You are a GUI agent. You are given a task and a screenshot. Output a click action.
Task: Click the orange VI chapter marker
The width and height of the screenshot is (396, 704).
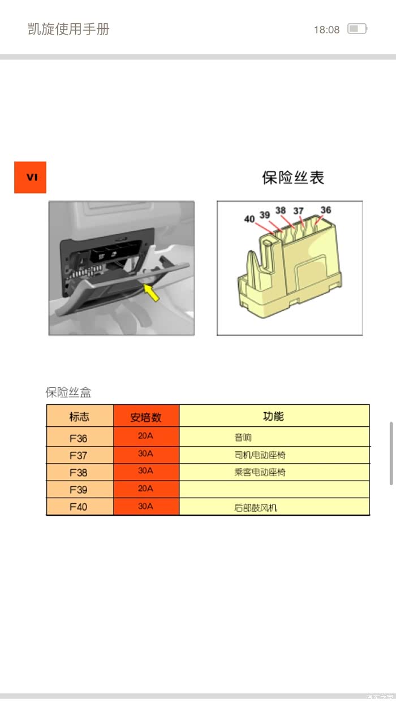(30, 177)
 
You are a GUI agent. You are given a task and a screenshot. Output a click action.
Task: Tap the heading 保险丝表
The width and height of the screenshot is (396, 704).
(293, 178)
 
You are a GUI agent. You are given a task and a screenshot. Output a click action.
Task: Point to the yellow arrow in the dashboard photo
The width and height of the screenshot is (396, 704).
(151, 292)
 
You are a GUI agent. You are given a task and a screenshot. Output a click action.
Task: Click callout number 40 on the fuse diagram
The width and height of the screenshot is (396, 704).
(249, 219)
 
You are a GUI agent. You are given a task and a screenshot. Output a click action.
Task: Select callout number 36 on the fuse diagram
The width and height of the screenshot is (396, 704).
(326, 210)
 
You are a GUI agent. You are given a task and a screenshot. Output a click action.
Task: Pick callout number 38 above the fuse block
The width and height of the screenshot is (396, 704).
(281, 210)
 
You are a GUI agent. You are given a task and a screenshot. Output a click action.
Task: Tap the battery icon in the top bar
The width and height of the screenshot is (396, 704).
(358, 29)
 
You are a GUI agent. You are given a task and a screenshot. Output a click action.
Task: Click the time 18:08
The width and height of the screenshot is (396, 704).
(327, 29)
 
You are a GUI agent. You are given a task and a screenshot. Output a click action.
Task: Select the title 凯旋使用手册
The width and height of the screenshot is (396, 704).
(68, 29)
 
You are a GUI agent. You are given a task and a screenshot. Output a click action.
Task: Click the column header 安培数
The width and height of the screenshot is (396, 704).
(146, 417)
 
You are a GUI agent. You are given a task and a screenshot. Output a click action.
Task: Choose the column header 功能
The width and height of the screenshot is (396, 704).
(274, 416)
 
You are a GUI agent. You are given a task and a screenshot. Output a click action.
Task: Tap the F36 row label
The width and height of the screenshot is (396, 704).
(78, 438)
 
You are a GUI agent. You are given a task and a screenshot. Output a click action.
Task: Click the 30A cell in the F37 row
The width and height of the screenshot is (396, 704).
(145, 454)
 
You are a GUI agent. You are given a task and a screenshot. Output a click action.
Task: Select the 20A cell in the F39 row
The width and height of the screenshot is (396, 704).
(145, 489)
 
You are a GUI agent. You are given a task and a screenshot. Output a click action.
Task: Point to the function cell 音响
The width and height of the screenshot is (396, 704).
(243, 437)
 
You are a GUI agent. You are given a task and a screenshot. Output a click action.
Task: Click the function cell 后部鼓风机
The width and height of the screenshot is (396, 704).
(256, 508)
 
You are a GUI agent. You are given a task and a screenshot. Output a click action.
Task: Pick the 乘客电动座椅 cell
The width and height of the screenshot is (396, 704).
(260, 472)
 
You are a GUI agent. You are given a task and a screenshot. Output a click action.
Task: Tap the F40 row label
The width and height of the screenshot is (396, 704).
(78, 507)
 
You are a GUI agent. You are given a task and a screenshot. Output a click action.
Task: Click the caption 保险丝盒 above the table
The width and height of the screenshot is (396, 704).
(68, 392)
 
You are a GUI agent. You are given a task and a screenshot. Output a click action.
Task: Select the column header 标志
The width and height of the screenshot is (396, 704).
(79, 417)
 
